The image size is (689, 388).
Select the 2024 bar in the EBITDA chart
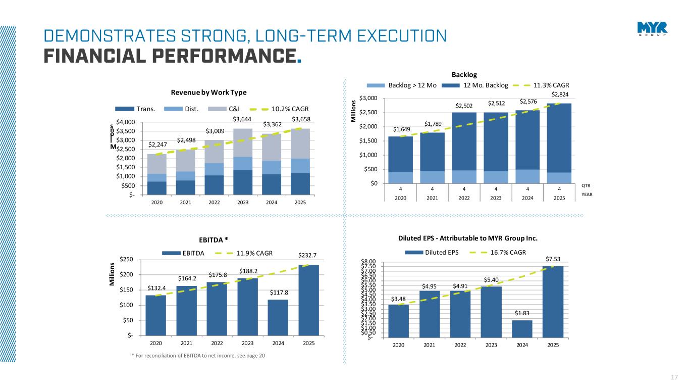click(x=278, y=317)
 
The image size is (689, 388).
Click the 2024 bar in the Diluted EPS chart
click(x=522, y=328)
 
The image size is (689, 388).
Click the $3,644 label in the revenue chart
click(x=243, y=119)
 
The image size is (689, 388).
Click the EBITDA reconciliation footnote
click(x=198, y=356)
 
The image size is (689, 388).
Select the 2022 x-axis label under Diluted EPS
click(x=460, y=345)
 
